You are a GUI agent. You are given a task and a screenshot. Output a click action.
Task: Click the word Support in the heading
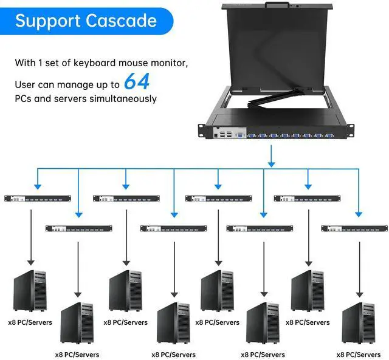[48, 21]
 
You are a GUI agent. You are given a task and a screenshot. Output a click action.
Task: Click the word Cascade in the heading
[121, 21]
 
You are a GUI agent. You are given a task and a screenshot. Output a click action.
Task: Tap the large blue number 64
[137, 81]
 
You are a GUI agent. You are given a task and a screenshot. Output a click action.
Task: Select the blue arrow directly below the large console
[271, 159]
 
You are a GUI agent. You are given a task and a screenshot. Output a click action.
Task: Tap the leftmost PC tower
[30, 290]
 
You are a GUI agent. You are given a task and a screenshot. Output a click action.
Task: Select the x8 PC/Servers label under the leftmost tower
[30, 322]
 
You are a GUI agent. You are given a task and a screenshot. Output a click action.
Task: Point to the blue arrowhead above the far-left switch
[38, 186]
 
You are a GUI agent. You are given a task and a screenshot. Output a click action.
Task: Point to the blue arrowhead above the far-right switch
[359, 212]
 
